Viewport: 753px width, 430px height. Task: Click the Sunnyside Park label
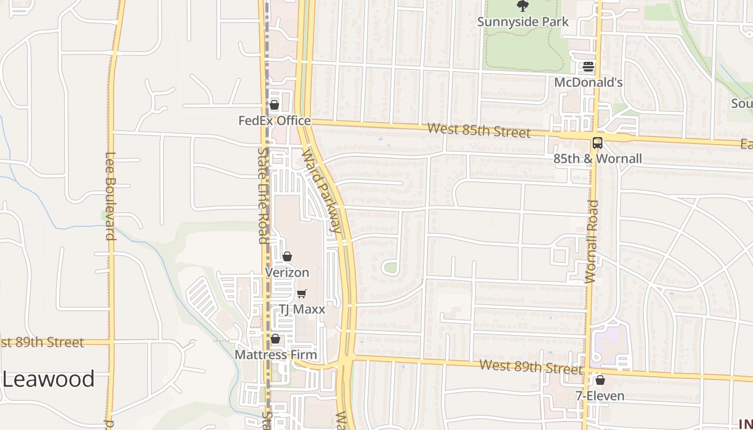coord(523,22)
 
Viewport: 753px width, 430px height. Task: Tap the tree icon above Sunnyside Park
coord(522,6)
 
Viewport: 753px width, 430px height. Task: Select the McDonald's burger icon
coord(588,67)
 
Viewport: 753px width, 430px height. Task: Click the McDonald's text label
coord(588,82)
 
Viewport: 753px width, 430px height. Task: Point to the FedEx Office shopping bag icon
coord(274,105)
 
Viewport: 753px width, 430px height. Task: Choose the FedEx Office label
coord(274,120)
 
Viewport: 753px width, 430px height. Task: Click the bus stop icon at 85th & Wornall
coord(598,143)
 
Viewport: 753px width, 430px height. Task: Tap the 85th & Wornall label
coord(598,159)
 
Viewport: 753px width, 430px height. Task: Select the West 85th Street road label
coord(479,131)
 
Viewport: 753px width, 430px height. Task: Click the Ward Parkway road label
coord(322,191)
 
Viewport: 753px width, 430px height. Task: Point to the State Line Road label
coord(263,196)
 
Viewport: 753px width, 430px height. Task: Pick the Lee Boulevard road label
coord(110,196)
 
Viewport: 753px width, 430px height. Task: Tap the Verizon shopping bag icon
coord(287,256)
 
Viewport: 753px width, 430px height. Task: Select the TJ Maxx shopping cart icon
coord(302,293)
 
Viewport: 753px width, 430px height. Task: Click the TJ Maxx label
coord(302,309)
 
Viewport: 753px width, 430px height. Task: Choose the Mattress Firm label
coord(275,355)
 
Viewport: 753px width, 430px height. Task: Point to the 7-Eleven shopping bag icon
coord(600,381)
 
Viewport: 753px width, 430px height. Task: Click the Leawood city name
coord(48,379)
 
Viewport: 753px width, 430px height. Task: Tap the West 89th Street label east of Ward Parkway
coord(531,367)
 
